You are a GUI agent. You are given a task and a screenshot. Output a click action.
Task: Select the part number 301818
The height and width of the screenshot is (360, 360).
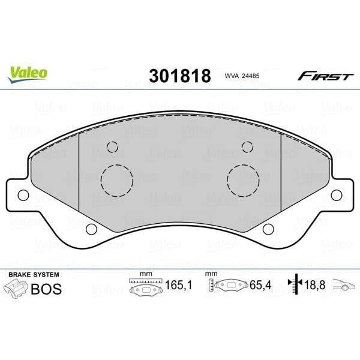pos(179,76)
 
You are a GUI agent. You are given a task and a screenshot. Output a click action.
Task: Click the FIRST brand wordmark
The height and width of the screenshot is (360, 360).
pos(317,76)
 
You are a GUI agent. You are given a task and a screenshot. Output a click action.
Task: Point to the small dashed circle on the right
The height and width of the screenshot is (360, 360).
pos(247,147)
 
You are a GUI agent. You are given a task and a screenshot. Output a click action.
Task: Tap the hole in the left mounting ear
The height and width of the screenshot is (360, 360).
pos(23,195)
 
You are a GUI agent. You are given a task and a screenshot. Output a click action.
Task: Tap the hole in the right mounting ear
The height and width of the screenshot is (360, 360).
pos(337,195)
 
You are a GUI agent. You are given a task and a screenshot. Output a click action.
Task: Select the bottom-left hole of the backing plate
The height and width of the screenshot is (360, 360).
pos(91,229)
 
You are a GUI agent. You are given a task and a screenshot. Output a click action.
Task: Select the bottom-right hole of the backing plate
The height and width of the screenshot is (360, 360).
pos(268,229)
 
